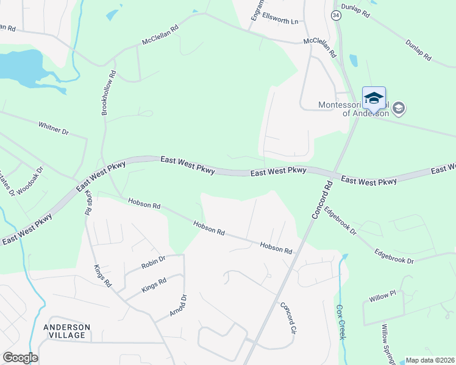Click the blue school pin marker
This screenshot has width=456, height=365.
pyautogui.click(x=374, y=99)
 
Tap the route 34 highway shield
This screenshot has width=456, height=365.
pyautogui.click(x=336, y=15)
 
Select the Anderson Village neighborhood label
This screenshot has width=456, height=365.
pyautogui.click(x=66, y=332)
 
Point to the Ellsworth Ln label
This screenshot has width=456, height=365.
pyautogui.click(x=280, y=21)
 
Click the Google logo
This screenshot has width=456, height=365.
pyautogui.click(x=20, y=358)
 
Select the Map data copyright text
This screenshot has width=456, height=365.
pyautogui.click(x=430, y=360)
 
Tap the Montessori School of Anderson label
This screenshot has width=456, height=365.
pyautogui.click(x=354, y=109)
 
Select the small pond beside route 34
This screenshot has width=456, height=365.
pyautogui.click(x=354, y=60)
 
